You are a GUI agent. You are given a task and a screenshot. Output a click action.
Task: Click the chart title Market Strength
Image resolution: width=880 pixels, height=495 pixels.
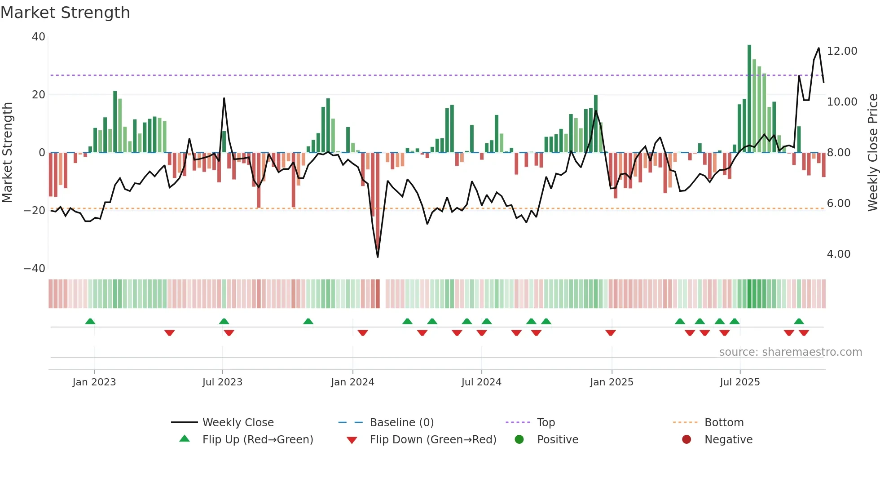pos(65,13)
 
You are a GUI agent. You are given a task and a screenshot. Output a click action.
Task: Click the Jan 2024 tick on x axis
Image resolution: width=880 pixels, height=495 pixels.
pos(352,382)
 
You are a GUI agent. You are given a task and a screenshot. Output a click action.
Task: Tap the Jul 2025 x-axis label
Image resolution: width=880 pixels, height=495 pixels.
pos(739,382)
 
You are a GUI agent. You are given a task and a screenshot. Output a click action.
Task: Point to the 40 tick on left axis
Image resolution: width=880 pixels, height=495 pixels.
pos(39,37)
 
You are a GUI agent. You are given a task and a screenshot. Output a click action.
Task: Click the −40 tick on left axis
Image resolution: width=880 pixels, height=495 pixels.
pos(35,268)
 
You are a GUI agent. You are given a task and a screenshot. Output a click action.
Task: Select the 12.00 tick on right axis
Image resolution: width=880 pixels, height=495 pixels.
pos(842,51)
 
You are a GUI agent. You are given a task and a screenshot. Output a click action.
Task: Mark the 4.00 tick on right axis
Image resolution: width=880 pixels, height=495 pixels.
pos(838,254)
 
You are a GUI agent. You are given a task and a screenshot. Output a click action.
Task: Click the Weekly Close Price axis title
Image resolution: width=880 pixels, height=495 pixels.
pos(872,152)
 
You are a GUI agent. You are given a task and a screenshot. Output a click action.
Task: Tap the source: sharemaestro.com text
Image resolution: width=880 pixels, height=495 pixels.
pos(790,352)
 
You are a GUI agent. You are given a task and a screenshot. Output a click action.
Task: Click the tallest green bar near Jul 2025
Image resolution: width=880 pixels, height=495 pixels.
pos(749,99)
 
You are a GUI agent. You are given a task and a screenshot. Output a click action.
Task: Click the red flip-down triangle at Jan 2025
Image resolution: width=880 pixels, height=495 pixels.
pos(610,333)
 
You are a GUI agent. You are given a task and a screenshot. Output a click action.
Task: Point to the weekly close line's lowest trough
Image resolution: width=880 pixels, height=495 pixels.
pos(378,256)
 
